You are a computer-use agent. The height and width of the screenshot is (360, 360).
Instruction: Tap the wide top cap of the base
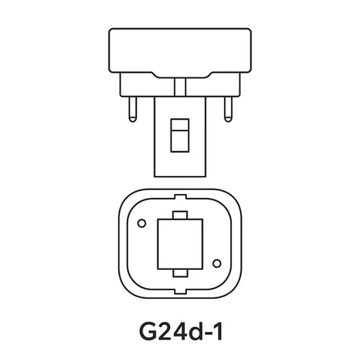coord(180,51)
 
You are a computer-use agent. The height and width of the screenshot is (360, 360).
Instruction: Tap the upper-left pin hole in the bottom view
coord(141,224)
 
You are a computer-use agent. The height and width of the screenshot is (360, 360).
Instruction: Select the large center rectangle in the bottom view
coord(180,244)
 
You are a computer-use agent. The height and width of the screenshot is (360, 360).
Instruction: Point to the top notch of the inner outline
coord(180,196)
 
